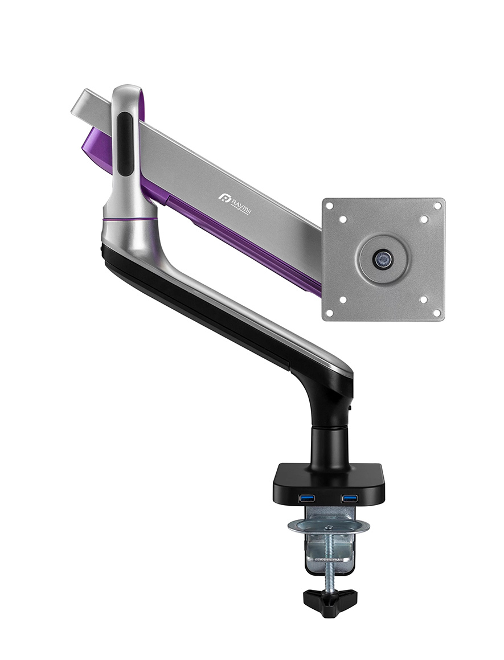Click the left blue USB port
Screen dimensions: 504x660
point(306,498)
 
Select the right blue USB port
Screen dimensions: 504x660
point(349,498)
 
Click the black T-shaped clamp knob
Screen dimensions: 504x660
point(330,596)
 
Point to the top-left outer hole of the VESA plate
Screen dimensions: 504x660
point(331,206)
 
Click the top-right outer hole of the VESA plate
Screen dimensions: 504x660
point(437,206)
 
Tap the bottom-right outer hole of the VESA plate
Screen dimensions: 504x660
point(437,312)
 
